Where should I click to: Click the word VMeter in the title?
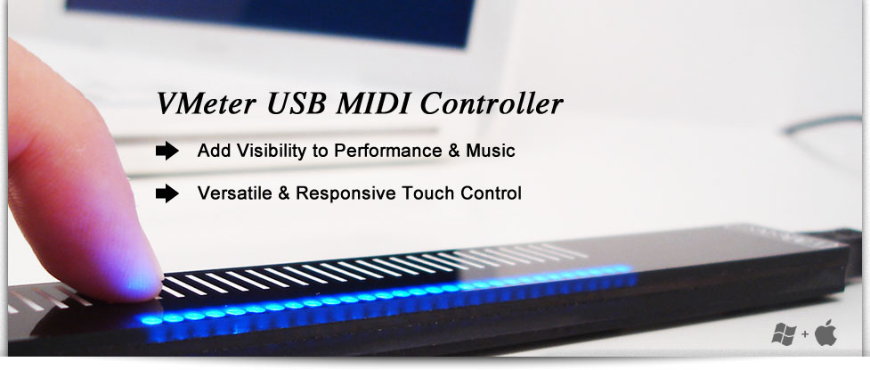207,103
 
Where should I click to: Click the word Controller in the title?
492,103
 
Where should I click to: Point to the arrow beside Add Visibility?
167,151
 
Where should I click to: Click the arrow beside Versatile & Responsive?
167,193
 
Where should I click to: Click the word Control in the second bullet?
486,193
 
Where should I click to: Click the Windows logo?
784,333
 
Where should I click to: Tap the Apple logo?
825,333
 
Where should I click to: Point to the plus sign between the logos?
805,335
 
